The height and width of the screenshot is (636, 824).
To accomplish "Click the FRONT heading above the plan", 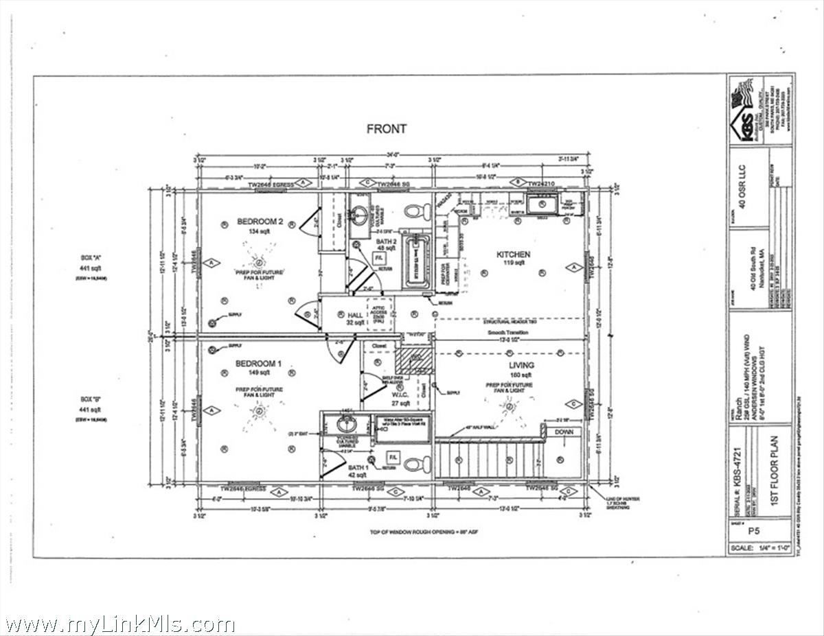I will click(387, 128).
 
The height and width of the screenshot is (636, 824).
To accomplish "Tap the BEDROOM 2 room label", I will click(260, 222).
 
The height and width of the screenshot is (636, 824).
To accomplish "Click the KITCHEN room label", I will click(514, 255).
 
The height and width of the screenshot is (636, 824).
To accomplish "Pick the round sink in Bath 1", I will click(347, 423).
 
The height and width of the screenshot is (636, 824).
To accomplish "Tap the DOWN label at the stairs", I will click(564, 432).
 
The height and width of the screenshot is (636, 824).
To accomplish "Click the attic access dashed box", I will click(378, 315).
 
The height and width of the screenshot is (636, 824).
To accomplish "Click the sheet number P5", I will click(753, 530).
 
